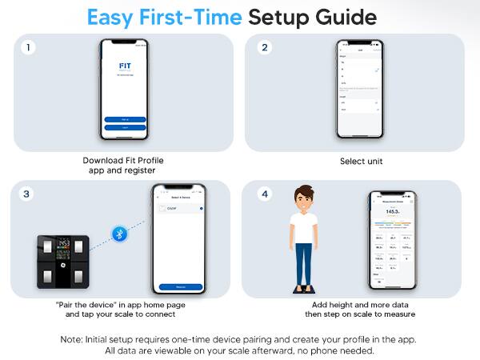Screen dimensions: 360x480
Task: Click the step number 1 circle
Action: coord(28,48)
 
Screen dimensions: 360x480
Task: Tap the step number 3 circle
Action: coord(28,195)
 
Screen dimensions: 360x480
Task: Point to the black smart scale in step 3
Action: coord(63,262)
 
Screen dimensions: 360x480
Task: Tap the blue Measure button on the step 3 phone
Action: coord(180,286)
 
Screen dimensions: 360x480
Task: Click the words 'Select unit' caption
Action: coord(362,161)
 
